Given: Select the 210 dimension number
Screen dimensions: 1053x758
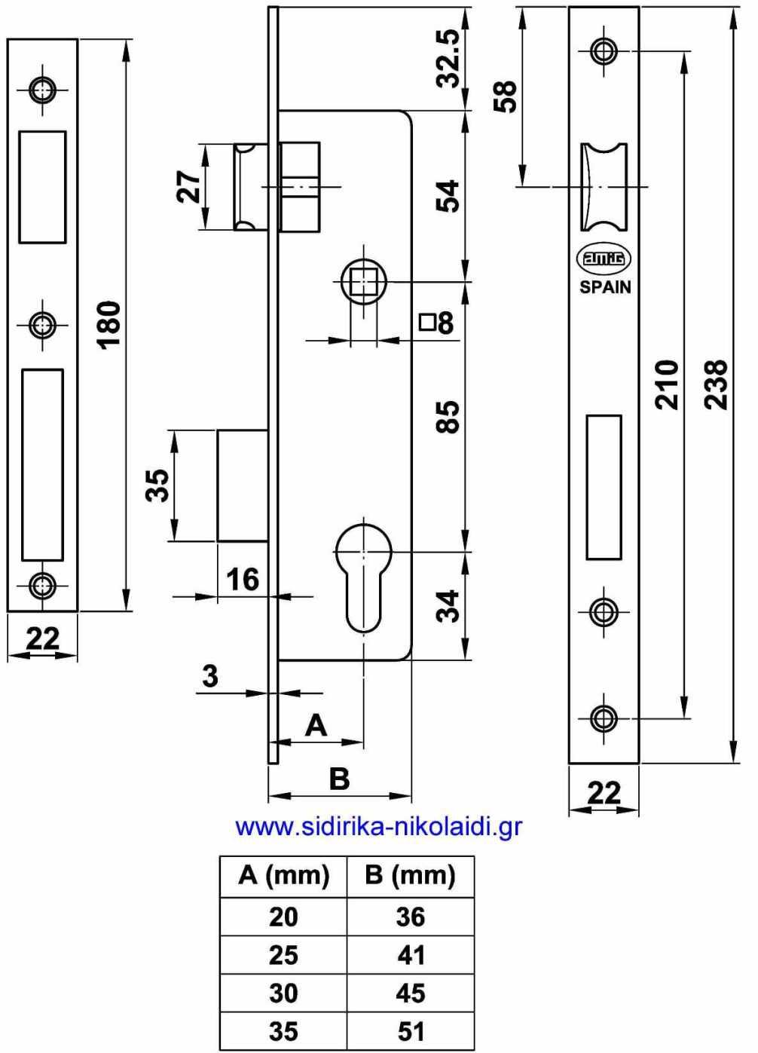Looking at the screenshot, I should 667,384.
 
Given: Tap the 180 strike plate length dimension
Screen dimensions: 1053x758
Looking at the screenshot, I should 110,324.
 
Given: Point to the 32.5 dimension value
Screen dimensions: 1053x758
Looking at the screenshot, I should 450,59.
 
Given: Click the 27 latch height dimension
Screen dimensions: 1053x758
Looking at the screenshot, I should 189,186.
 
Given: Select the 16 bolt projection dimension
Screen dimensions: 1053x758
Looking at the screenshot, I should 242,579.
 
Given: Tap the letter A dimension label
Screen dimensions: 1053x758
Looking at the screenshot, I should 316,725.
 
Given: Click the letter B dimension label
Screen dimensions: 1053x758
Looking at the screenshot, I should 340,778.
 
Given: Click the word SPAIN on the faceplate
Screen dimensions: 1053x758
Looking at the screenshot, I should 605,287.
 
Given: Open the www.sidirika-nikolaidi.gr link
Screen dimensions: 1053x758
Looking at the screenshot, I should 378,827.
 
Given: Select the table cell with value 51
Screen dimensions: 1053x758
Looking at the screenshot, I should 411,1030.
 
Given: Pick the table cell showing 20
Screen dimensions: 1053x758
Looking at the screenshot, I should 283,917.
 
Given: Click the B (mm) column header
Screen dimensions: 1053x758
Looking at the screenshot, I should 410,876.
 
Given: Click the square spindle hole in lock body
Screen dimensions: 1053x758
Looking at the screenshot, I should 364,283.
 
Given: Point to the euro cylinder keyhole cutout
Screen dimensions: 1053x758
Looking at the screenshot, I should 363,577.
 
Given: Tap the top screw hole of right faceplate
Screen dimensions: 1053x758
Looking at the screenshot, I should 603,51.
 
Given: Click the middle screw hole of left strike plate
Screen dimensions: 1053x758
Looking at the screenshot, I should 43,326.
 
